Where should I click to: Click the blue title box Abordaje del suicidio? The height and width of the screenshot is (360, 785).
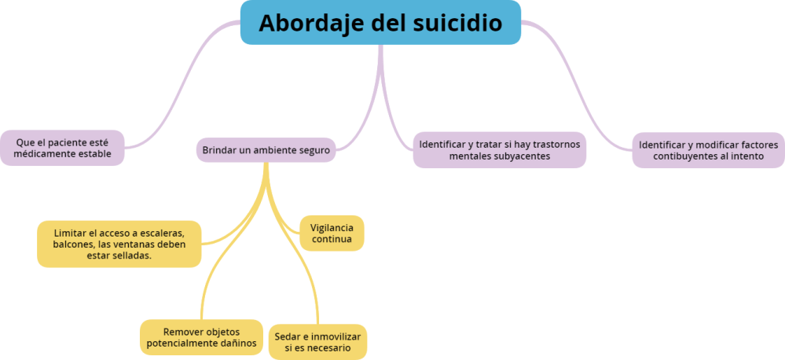[380, 23]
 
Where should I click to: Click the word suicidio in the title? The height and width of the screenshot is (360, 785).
[457, 23]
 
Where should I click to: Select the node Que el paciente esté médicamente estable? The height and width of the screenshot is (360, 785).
[63, 148]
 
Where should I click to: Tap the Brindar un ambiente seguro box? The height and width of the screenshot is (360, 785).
[266, 149]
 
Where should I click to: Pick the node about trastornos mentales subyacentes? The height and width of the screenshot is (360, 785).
[499, 149]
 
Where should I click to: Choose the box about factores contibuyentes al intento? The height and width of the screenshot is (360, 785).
[708, 150]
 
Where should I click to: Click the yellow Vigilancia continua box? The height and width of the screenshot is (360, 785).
[332, 233]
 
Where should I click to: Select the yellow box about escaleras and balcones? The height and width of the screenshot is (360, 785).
[119, 244]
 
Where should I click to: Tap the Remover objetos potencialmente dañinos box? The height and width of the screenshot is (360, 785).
[200, 337]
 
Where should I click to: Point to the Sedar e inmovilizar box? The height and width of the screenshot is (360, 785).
[317, 341]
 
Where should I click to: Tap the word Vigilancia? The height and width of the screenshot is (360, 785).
[332, 227]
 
